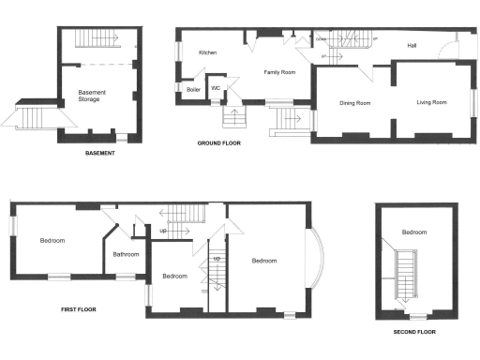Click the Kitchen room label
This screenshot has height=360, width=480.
pyautogui.click(x=208, y=53)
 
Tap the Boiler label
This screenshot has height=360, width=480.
pyautogui.click(x=194, y=90)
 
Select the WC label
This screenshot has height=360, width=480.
pyautogui.click(x=217, y=89)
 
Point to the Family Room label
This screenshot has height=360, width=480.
pyautogui.click(x=280, y=72)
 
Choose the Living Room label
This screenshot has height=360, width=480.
pyautogui.click(x=432, y=102)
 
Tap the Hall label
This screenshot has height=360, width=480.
pyautogui.click(x=412, y=45)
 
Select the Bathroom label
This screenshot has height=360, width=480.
pyautogui.click(x=127, y=254)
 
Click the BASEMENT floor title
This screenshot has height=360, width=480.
pyautogui.click(x=99, y=153)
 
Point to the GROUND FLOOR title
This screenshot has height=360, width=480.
pyautogui.click(x=218, y=143)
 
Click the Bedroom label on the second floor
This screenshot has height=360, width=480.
pyautogui.click(x=414, y=232)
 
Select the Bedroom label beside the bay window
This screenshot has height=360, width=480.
pyautogui.click(x=264, y=262)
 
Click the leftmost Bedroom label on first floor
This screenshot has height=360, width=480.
pyautogui.click(x=52, y=241)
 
